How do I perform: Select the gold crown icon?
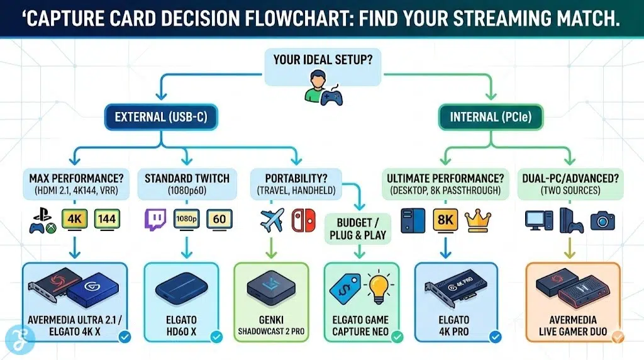click(477, 220)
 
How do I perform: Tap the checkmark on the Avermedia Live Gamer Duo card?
click(617, 337)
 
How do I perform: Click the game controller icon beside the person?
click(331, 96)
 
